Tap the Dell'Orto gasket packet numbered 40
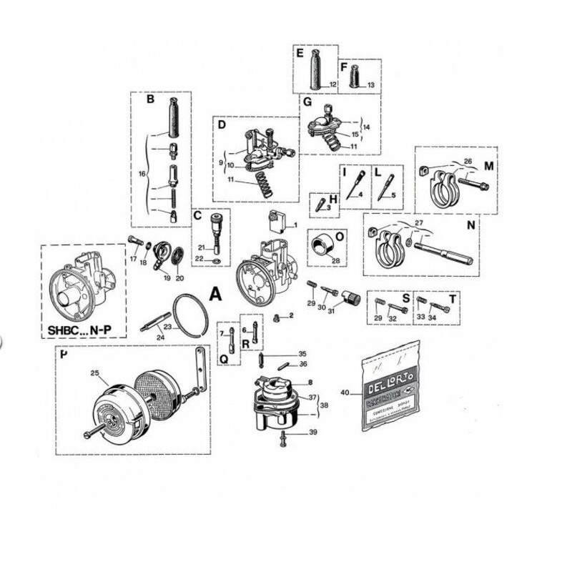pyautogui.click(x=390, y=387)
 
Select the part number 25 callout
pyautogui.click(x=94, y=373)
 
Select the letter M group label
pyautogui.click(x=489, y=166)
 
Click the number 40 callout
pyautogui.click(x=346, y=392)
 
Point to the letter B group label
pyautogui.click(x=150, y=100)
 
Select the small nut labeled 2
pyautogui.click(x=277, y=317)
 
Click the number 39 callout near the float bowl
pyautogui.click(x=312, y=433)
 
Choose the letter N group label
pyautogui.click(x=470, y=225)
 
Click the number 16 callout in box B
pyautogui.click(x=140, y=173)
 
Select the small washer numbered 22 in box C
pyautogui.click(x=216, y=260)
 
